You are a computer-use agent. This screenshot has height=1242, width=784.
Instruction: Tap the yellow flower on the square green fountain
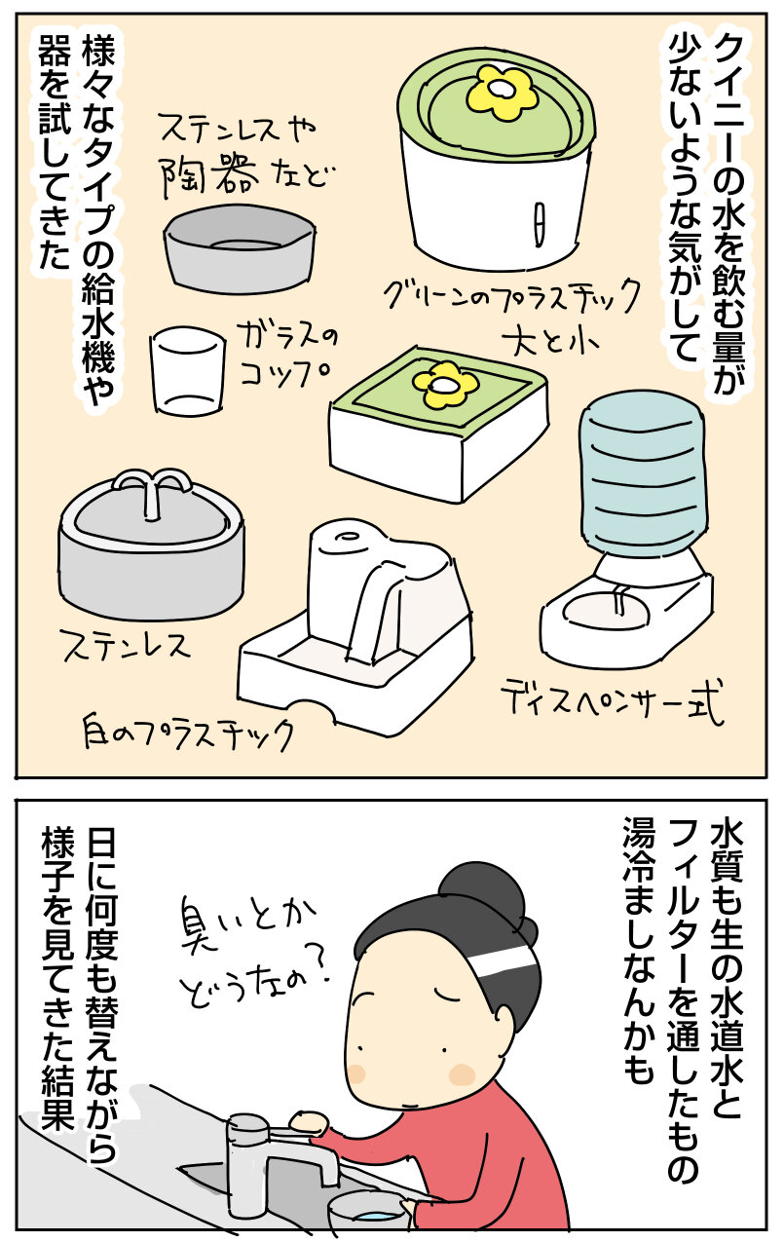[446, 384]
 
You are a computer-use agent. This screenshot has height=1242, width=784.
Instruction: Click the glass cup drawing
[188, 370]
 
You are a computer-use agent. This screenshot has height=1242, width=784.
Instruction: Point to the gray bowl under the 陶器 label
[241, 248]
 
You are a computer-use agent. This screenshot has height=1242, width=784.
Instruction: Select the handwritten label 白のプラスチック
[188, 731]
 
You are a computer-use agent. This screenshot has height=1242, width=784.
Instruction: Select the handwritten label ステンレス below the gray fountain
[127, 646]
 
